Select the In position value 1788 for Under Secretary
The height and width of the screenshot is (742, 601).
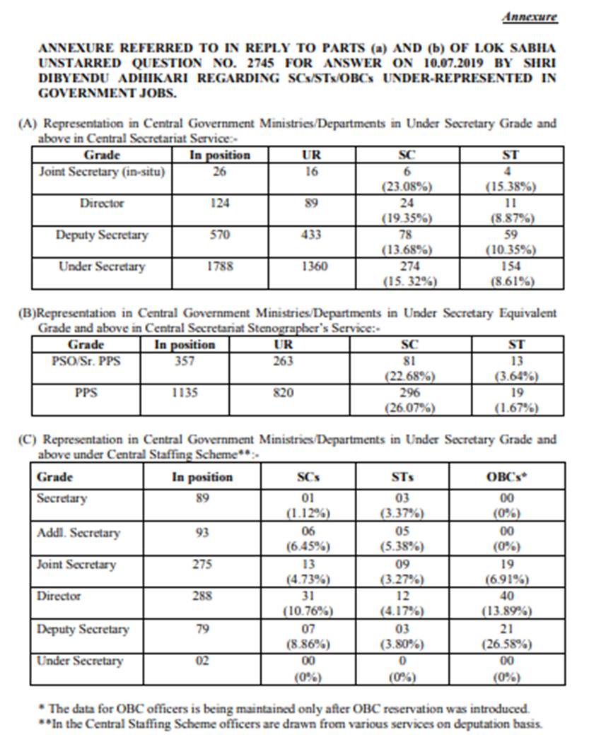pos(220,267)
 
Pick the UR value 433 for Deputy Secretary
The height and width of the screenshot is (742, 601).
pos(312,235)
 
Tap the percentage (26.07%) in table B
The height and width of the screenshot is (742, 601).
pos(410,408)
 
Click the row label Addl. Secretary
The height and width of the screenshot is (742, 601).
pos(78,533)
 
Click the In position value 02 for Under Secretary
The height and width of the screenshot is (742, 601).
pos(202,661)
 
